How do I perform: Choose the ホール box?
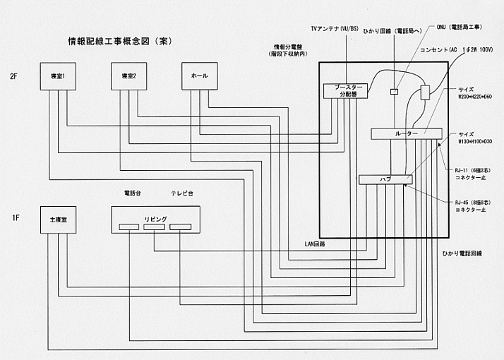[x=199, y=76]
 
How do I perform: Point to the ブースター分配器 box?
[x=342, y=90]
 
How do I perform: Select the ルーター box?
[x=406, y=133]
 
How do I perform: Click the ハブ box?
[x=385, y=179]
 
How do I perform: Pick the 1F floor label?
[x=14, y=219]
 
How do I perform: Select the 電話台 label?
[x=133, y=193]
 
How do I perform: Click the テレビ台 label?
[x=183, y=193]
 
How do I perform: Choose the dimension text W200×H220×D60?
[x=475, y=96]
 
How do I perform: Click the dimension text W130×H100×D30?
[x=475, y=141]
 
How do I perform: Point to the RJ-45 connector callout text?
[x=471, y=205]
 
